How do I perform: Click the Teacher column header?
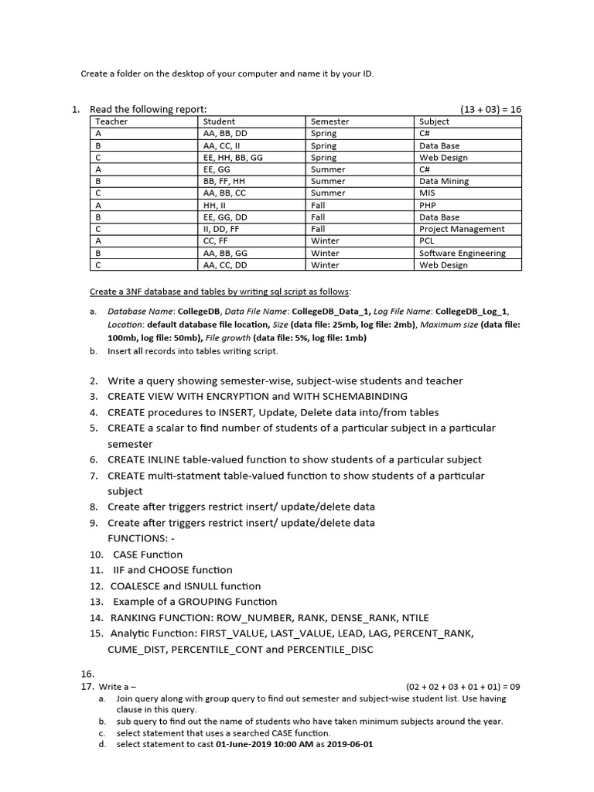pos(111,121)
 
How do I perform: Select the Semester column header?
pos(329,121)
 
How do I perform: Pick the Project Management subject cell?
pos(461,229)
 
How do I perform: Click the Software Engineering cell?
pos(462,253)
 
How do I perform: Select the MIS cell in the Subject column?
pos(427,193)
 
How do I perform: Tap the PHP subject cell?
pos(428,205)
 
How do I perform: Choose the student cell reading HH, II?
pos(212,205)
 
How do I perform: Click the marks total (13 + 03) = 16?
pos(490,109)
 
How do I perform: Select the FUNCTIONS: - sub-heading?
pos(136,538)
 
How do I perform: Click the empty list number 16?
pos(87,674)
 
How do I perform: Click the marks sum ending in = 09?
pos(463,686)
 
